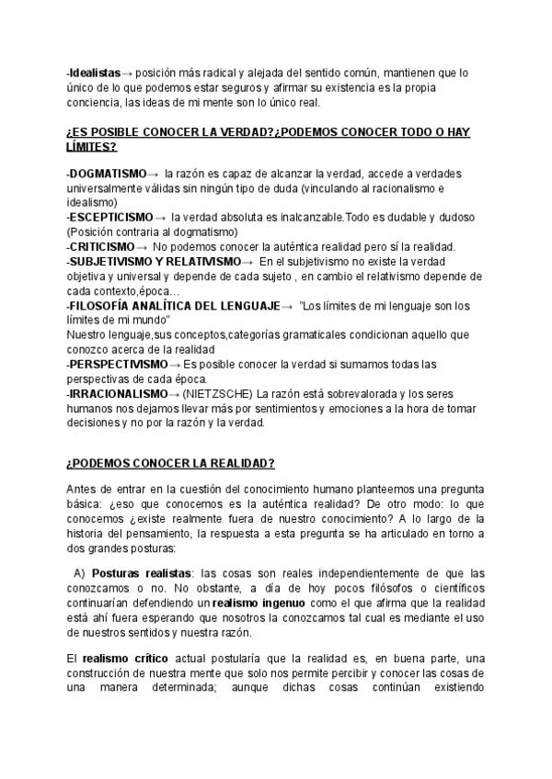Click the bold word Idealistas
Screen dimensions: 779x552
(x=95, y=72)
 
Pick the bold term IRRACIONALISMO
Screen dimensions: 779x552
(x=117, y=394)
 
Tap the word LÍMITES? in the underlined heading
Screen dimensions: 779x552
(x=92, y=146)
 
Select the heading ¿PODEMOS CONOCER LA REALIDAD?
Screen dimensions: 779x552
(x=170, y=462)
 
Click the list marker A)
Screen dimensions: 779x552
(x=79, y=573)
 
